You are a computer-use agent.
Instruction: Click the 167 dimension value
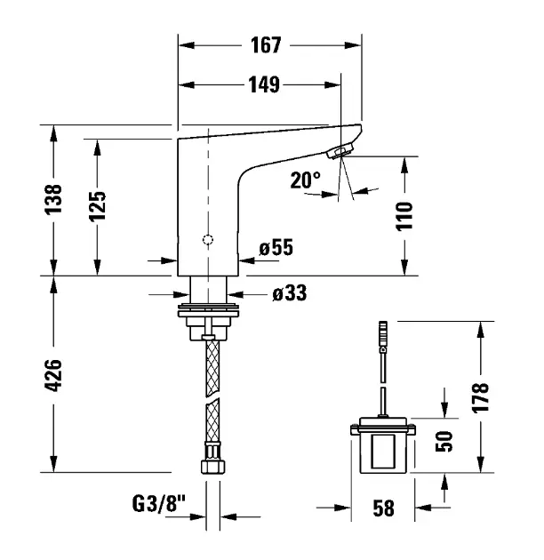tap(266, 45)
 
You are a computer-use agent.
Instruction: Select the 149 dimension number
tap(264, 85)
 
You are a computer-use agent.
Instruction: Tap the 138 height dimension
tap(53, 199)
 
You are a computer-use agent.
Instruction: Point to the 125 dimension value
tap(97, 206)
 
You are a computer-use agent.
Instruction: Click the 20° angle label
tap(306, 180)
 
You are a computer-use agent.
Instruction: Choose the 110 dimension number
tap(404, 216)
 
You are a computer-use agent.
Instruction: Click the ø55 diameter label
tap(276, 247)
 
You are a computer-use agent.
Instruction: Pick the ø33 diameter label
tap(289, 293)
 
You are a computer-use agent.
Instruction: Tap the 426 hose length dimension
tap(53, 375)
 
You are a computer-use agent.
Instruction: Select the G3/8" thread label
tap(159, 504)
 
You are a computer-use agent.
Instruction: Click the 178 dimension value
tap(480, 398)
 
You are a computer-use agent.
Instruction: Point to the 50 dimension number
tap(444, 441)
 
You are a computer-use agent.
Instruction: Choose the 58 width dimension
tap(384, 508)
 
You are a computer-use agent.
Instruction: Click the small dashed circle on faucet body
tap(208, 240)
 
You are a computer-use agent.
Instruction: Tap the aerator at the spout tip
tap(340, 151)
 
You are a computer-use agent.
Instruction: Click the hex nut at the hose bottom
tap(212, 467)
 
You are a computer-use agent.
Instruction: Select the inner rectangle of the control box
tap(383, 451)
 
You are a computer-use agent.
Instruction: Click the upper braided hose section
tap(212, 367)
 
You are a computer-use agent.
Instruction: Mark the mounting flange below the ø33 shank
tap(208, 310)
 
